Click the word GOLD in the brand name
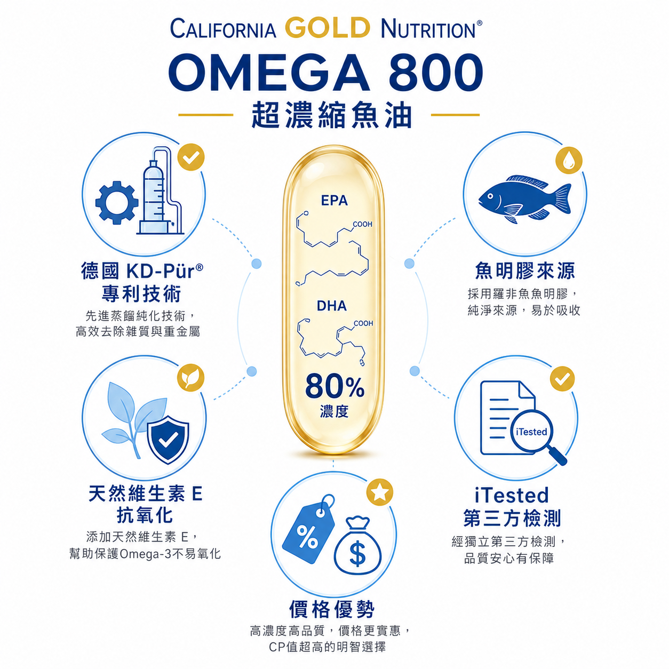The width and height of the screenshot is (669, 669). click(328, 28)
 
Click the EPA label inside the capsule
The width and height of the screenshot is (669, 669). click(334, 200)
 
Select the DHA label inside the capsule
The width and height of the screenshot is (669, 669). click(332, 306)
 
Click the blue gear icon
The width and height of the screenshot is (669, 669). click(117, 202)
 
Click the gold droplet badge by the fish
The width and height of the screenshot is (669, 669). click(569, 160)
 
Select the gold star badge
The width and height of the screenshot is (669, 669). click(380, 492)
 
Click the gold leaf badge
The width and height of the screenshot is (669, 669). click(190, 377)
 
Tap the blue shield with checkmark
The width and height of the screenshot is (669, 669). click(168, 440)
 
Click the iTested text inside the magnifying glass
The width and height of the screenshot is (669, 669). click(531, 432)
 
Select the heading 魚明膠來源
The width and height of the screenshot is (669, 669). click(524, 271)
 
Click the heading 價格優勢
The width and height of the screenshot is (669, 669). click(332, 609)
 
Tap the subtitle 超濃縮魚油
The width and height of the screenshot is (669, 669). click(331, 115)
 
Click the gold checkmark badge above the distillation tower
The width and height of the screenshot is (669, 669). click(190, 157)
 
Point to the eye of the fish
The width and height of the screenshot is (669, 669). click(490, 197)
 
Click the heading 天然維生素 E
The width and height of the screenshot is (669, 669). click(146, 493)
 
